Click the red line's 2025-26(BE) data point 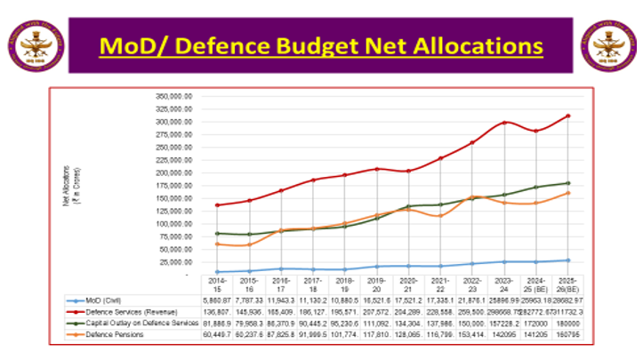pyautogui.click(x=567, y=116)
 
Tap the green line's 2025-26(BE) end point pyautogui.click(x=567, y=183)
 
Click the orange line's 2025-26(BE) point pyautogui.click(x=567, y=193)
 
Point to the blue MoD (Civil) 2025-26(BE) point pyautogui.click(x=567, y=260)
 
